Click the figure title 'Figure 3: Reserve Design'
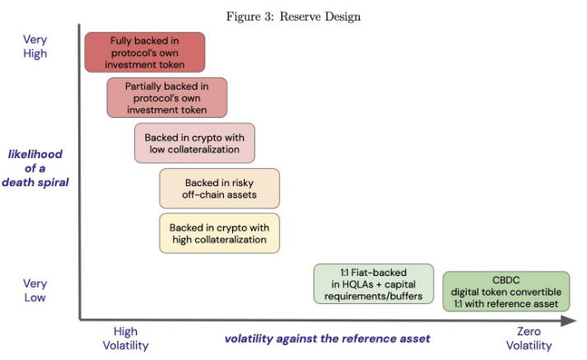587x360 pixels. coord(293,16)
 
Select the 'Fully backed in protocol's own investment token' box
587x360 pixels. coord(145,53)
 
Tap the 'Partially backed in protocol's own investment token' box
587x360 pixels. coord(167,98)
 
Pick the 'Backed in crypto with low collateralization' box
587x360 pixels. coord(194,143)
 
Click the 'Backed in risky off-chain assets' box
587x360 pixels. coord(219,189)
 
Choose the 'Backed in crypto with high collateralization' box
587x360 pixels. coord(219,233)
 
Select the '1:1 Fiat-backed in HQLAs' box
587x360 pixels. coord(374,284)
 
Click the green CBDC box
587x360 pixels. coord(506,292)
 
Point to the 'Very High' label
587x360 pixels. coord(35,46)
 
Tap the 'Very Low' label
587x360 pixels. coord(35,290)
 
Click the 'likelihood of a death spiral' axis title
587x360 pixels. coord(35,168)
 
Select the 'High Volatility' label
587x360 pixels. coord(125,339)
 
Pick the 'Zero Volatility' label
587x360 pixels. coord(529,339)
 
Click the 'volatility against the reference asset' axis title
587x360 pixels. coord(327,339)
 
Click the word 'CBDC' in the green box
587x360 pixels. coord(505,280)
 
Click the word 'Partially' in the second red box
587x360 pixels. coord(143,86)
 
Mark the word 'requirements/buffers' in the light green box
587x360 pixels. coord(374,297)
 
